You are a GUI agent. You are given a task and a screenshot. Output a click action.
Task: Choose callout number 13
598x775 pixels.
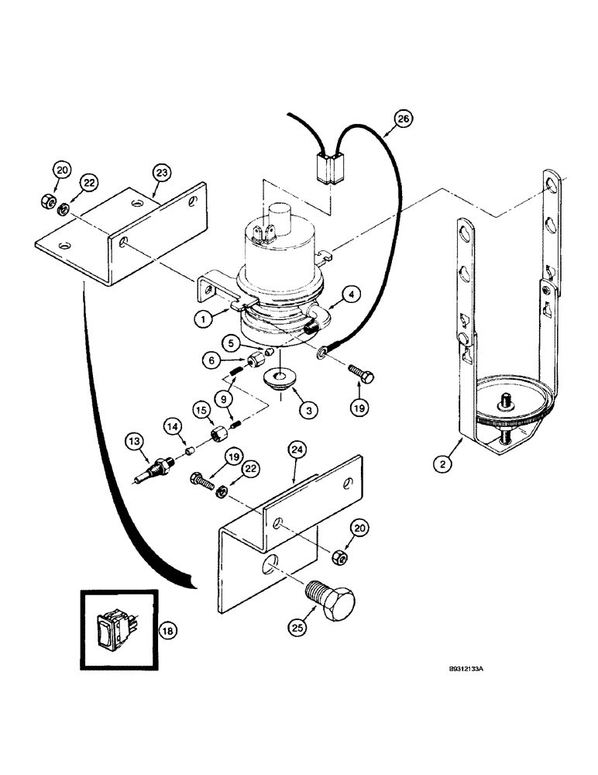click(x=136, y=443)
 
